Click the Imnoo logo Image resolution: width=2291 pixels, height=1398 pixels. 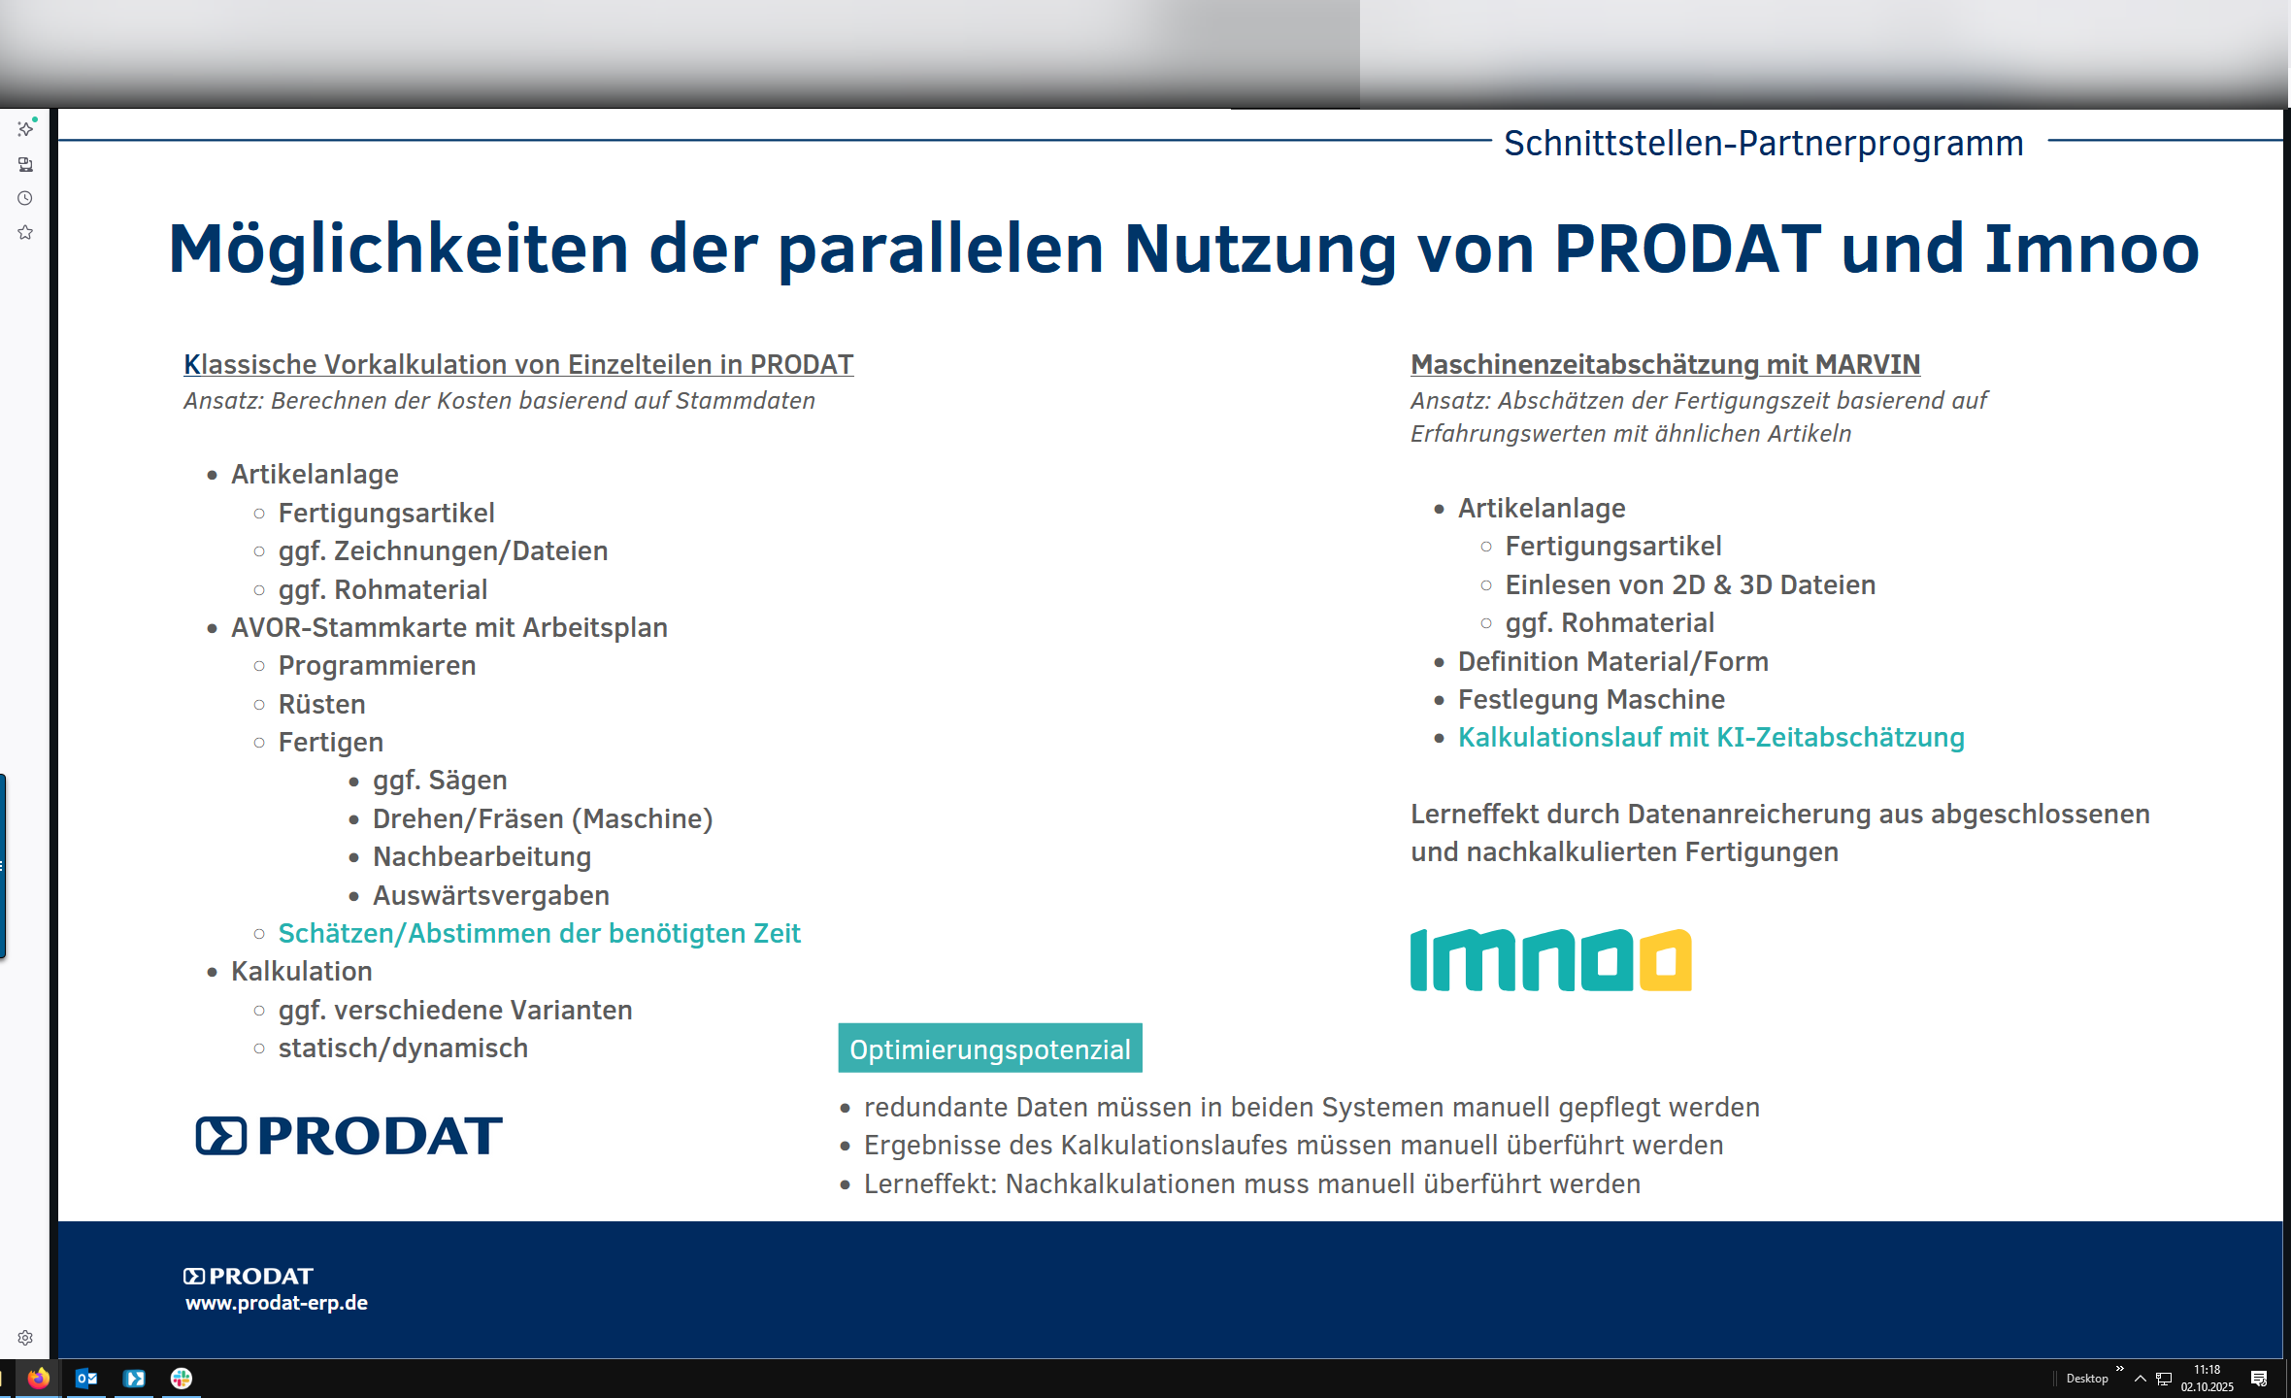coord(1550,960)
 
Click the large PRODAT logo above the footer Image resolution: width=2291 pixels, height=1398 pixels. coord(349,1135)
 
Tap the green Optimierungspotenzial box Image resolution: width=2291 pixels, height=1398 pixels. coord(990,1048)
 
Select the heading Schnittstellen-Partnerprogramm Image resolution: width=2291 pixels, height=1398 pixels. coord(1764,143)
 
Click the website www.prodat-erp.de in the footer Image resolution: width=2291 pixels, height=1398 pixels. coord(277,1303)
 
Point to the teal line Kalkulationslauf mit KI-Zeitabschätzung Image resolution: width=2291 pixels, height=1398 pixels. coord(1710,738)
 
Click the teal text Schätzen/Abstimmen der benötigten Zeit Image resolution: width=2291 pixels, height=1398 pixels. coord(539,933)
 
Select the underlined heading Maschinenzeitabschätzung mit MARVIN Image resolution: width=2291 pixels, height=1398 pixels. coord(1665,364)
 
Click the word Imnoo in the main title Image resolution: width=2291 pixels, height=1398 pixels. coord(2092,249)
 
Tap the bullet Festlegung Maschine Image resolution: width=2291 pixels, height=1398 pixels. coord(1591,699)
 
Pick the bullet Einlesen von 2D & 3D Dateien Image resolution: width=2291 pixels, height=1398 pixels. coord(1690,584)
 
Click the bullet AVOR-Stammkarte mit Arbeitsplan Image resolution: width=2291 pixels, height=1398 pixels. coord(448,627)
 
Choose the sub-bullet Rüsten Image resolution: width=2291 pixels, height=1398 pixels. coord(321,704)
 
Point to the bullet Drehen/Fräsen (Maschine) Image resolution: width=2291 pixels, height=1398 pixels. coord(543,818)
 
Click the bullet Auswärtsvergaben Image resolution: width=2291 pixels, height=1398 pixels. coord(491,895)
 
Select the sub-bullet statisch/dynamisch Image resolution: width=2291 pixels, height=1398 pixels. coord(403,1048)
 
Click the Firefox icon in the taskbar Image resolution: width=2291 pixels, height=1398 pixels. coord(38,1378)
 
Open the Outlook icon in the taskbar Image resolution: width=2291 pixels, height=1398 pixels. coord(86,1378)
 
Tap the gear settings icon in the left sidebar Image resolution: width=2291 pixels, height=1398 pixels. coord(25,1338)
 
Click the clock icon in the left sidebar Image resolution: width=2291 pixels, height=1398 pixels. coord(25,198)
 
